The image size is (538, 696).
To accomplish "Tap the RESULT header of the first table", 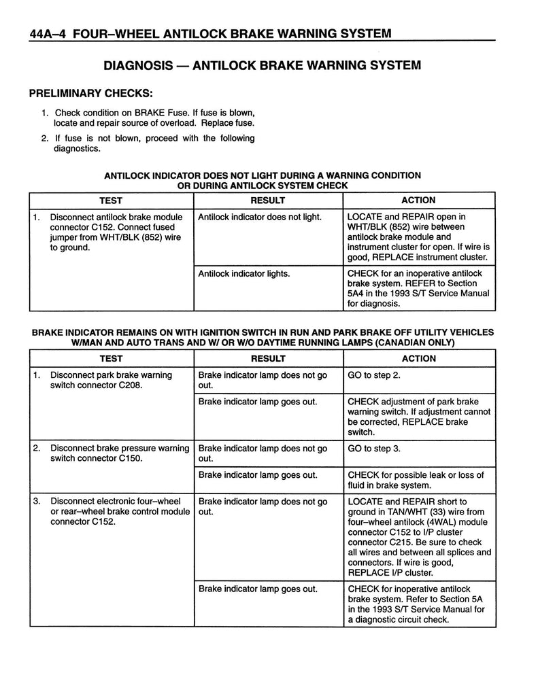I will pyautogui.click(x=268, y=201).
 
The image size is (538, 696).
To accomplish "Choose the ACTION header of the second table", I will pyautogui.click(x=418, y=358).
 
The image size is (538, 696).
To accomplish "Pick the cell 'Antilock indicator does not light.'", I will pyautogui.click(x=258, y=217).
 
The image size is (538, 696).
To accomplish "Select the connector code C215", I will pyautogui.click(x=405, y=542).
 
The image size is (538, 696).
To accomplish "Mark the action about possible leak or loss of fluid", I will pyautogui.click(x=416, y=480).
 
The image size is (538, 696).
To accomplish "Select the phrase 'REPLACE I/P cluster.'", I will pyautogui.click(x=390, y=572).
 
